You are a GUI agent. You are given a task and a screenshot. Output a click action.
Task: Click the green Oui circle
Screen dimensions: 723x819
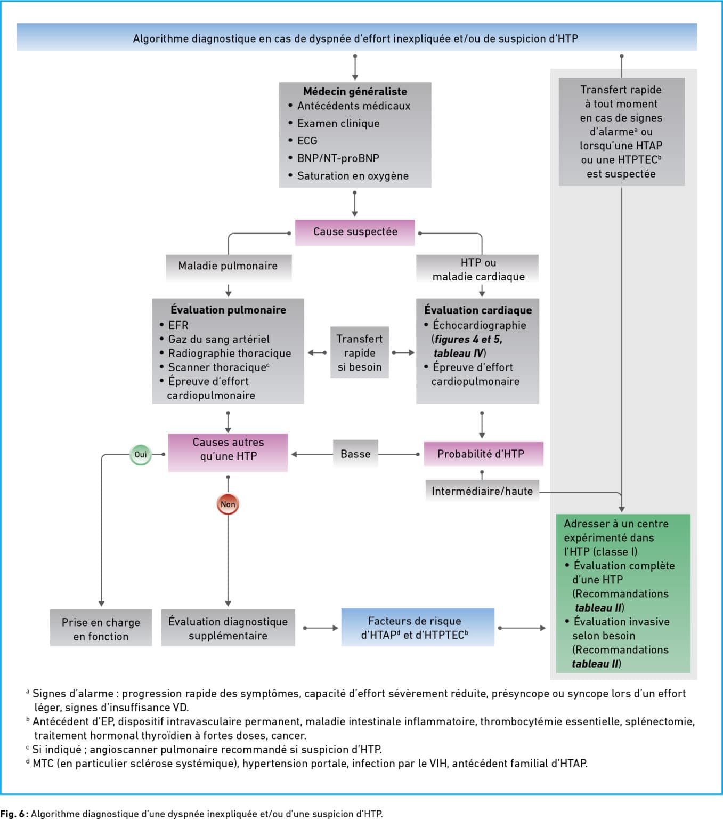(x=140, y=454)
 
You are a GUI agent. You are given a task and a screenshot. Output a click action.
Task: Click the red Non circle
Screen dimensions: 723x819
(x=228, y=504)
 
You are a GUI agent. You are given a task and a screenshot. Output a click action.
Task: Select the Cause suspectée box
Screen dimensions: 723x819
(x=355, y=232)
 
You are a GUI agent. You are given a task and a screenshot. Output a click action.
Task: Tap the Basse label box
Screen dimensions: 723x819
(x=355, y=454)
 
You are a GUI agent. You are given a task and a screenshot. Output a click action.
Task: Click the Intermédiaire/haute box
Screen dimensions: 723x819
(x=482, y=491)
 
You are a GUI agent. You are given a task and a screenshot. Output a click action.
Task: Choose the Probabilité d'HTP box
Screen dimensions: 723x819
(x=483, y=454)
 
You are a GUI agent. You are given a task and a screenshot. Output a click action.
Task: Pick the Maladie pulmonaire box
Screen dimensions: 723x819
(x=229, y=267)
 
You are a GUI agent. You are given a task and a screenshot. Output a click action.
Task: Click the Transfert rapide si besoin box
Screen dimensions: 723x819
(x=360, y=352)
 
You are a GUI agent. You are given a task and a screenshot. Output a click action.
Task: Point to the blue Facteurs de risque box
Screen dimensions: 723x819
(x=418, y=628)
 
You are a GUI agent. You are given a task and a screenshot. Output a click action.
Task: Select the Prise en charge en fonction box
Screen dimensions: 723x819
(x=101, y=628)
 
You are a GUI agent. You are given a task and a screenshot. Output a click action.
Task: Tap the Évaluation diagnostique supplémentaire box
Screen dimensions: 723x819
(x=228, y=628)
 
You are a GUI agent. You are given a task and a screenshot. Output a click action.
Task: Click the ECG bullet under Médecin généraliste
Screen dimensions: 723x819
(x=307, y=141)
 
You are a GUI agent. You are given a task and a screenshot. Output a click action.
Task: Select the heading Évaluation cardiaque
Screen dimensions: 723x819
(x=478, y=310)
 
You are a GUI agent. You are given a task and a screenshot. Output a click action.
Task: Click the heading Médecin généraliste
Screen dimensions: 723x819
(x=355, y=91)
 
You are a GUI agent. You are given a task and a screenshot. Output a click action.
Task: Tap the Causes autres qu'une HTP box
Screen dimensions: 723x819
(x=228, y=453)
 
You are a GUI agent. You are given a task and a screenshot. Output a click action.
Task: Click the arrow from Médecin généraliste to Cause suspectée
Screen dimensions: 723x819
(x=355, y=204)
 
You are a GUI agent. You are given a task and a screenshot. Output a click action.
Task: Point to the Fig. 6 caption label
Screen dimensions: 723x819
(x=14, y=814)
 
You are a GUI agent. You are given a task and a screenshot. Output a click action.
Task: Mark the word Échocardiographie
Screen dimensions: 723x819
(x=480, y=325)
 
